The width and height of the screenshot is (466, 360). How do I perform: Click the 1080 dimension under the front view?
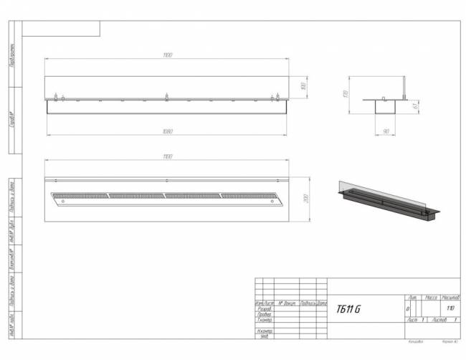[168, 131]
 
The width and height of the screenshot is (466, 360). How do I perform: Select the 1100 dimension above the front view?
[168, 55]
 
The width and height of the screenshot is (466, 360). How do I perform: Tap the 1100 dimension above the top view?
[168, 156]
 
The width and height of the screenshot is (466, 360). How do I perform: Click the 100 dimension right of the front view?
[304, 86]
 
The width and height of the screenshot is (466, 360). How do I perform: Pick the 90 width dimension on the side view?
[386, 131]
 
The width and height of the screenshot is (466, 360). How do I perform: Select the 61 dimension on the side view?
[416, 106]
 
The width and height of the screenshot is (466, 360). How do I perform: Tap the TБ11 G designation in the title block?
[348, 309]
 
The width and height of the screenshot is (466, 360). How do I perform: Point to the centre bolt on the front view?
[167, 96]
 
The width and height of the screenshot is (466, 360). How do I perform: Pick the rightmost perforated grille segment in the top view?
[247, 194]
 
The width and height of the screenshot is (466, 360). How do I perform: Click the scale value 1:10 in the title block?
[450, 308]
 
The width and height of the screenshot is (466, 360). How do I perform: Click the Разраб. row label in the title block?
[264, 308]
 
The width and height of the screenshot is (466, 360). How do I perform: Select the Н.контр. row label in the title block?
[265, 330]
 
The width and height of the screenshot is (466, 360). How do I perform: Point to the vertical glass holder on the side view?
[405, 88]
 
